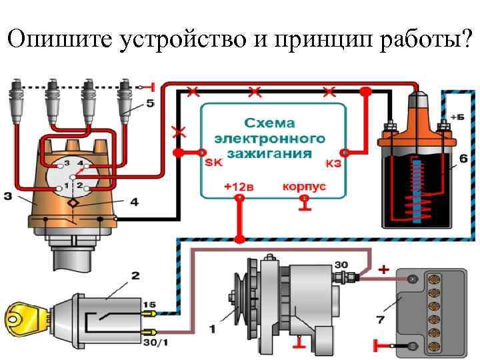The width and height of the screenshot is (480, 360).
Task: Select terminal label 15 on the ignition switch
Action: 147,304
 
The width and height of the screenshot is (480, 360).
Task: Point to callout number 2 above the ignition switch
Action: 135,275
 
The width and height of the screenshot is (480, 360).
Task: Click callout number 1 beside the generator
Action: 212,327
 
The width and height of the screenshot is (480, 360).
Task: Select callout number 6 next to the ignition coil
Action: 462,161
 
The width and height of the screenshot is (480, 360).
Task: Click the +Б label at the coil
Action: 457,117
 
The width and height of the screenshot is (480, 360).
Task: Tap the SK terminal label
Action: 214,163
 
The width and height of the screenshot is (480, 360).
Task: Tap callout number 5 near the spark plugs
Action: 149,103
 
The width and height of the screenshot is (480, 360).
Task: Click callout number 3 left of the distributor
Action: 7,196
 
